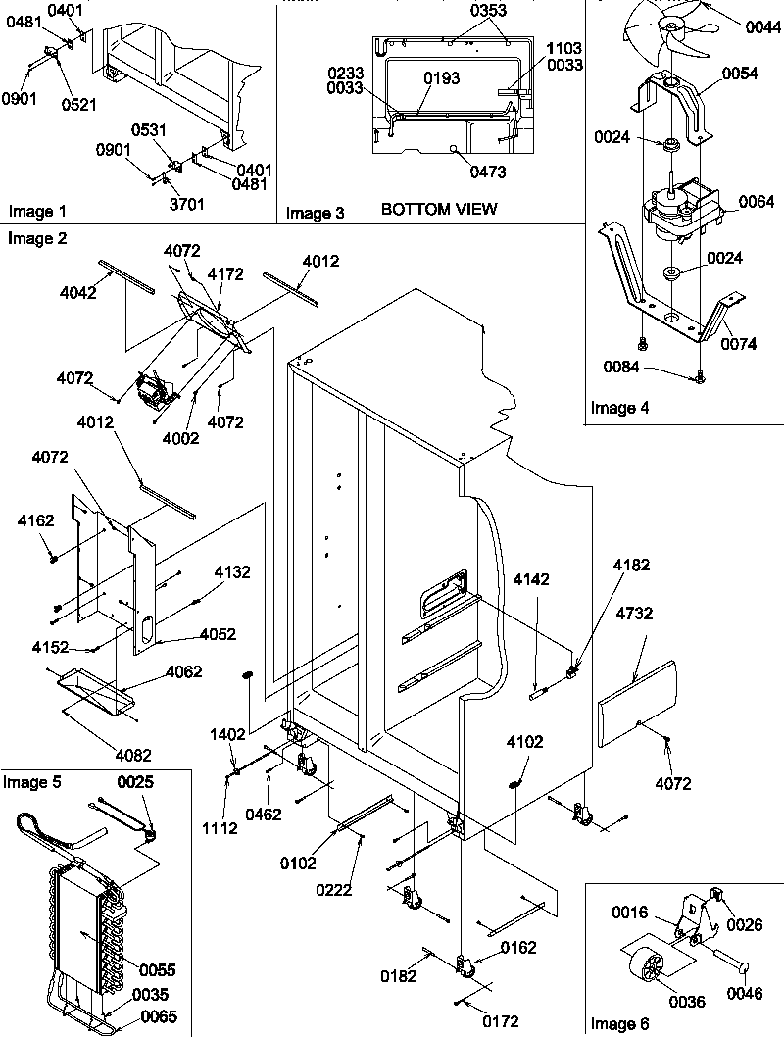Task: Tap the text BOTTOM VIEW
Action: tap(439, 209)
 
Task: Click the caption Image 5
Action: tap(32, 782)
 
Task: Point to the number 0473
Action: tap(487, 173)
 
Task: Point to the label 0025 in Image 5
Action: tap(137, 782)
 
